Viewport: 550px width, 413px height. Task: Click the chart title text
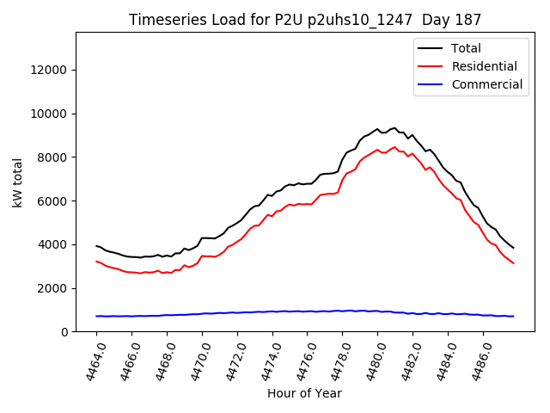(x=305, y=19)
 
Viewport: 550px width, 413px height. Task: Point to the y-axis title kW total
(x=18, y=182)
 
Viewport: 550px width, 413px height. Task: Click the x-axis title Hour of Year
(x=304, y=393)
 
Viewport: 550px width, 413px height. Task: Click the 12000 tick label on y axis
(x=48, y=70)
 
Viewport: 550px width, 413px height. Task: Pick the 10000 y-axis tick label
(x=48, y=114)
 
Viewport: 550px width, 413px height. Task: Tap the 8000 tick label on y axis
(x=52, y=157)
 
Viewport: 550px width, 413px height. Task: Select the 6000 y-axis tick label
(x=52, y=200)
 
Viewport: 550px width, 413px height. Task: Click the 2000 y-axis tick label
(x=52, y=288)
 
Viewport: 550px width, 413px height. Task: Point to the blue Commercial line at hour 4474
(x=272, y=311)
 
